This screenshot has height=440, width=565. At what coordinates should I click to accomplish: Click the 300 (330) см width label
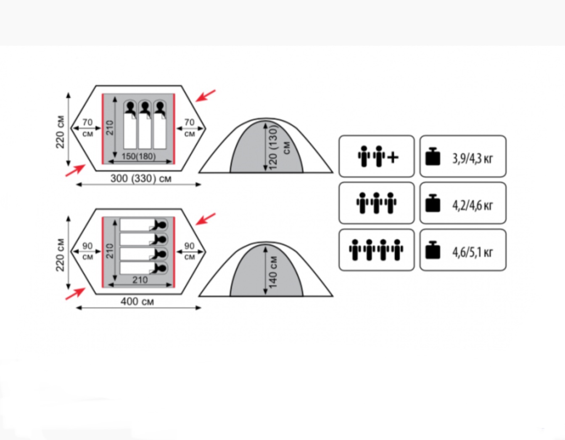point(141,179)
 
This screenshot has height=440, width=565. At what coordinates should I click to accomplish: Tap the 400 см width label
point(137,301)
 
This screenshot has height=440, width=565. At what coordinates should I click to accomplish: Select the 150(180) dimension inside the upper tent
point(138,156)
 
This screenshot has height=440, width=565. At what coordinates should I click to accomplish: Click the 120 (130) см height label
point(274,147)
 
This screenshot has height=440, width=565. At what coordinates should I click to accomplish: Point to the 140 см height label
point(273,272)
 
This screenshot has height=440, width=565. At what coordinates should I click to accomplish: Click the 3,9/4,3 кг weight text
point(472,158)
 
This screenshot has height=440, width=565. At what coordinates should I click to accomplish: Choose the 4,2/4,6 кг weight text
point(472,205)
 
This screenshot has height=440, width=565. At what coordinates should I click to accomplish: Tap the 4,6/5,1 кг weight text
point(472,252)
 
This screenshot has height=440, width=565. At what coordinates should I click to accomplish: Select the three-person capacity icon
point(376,203)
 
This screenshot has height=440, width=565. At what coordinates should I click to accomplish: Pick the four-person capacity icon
point(376,250)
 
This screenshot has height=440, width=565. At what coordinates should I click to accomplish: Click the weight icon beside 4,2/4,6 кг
point(433,203)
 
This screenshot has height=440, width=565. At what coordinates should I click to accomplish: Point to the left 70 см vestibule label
point(87,127)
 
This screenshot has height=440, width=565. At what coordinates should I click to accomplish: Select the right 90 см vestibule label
point(190,251)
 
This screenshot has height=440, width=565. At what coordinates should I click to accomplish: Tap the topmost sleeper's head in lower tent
point(160,225)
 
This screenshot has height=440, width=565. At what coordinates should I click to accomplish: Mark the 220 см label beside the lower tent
point(61,255)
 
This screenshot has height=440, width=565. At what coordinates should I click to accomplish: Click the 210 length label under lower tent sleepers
point(140,280)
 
